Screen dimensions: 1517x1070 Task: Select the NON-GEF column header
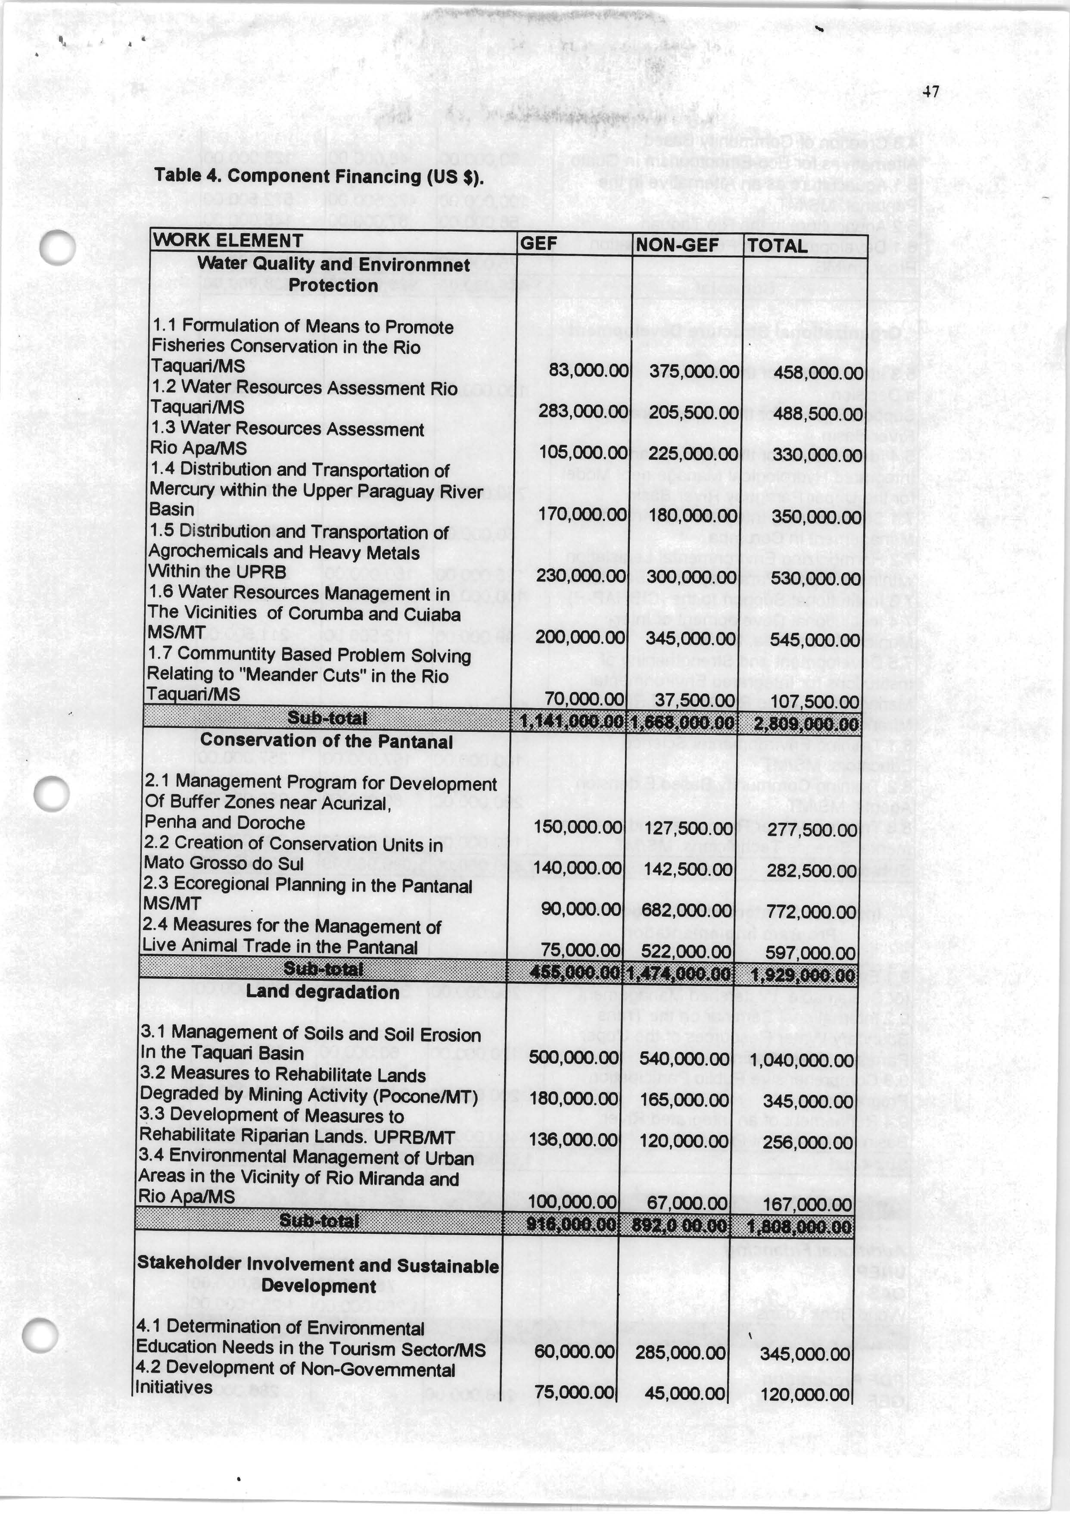[x=676, y=246]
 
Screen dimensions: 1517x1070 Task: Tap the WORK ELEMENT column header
[x=228, y=240]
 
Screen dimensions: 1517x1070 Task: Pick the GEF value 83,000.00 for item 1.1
[x=588, y=371]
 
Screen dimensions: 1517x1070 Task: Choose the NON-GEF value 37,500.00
[x=702, y=700]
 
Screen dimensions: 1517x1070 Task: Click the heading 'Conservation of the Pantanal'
[x=326, y=741]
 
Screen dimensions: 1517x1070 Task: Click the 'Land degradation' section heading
[x=322, y=993]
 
